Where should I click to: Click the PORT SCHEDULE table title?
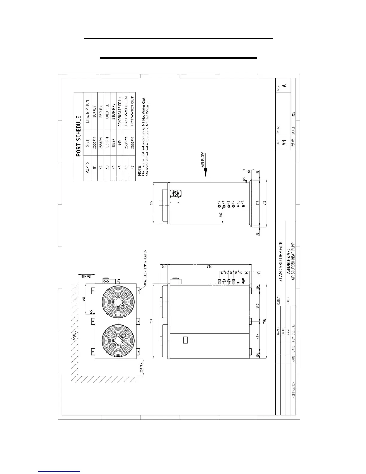(79, 136)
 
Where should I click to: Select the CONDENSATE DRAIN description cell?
(120, 111)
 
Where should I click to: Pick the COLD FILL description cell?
(107, 111)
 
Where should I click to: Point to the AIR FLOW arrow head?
(206, 173)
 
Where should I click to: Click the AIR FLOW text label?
(202, 160)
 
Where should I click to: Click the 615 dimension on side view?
(151, 203)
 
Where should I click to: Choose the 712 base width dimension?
(264, 203)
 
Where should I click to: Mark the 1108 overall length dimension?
(264, 321)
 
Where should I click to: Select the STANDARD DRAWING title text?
(280, 261)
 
